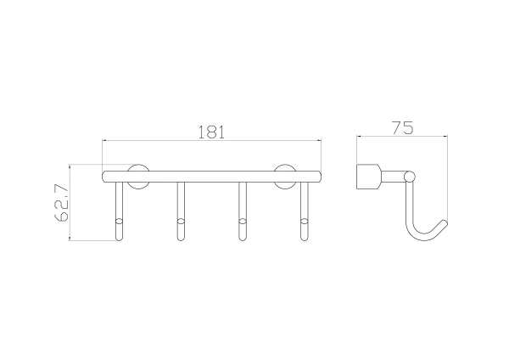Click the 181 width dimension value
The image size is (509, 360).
click(211, 132)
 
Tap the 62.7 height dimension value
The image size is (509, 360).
click(61, 203)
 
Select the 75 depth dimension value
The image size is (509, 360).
click(402, 127)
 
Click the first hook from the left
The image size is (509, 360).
click(120, 211)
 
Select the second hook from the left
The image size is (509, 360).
click(181, 211)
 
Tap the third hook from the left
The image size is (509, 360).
click(242, 211)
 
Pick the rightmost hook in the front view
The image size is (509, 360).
click(305, 211)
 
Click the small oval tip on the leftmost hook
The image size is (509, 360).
click(120, 222)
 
